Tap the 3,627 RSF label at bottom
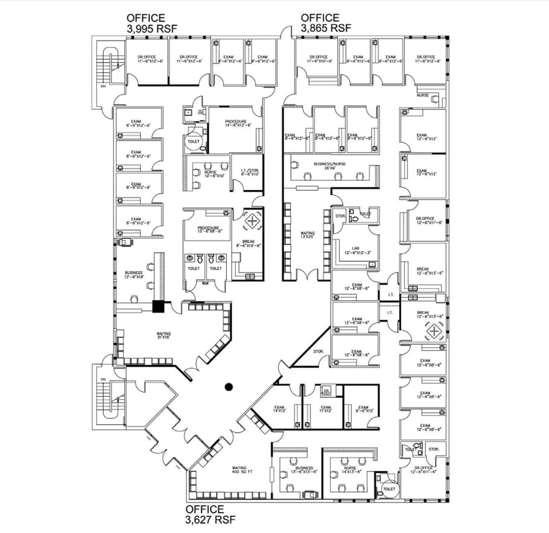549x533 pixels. (x=211, y=514)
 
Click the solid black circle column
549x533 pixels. (x=229, y=387)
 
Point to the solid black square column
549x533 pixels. (x=159, y=306)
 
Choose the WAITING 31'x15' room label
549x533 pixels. (x=163, y=335)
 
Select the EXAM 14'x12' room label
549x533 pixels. (x=279, y=409)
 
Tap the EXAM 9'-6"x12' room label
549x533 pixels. (x=363, y=409)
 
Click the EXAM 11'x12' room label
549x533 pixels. (x=325, y=409)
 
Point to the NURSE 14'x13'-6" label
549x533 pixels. (x=350, y=470)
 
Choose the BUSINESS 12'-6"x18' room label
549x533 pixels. (x=133, y=274)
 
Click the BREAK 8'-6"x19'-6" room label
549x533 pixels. (x=247, y=244)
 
